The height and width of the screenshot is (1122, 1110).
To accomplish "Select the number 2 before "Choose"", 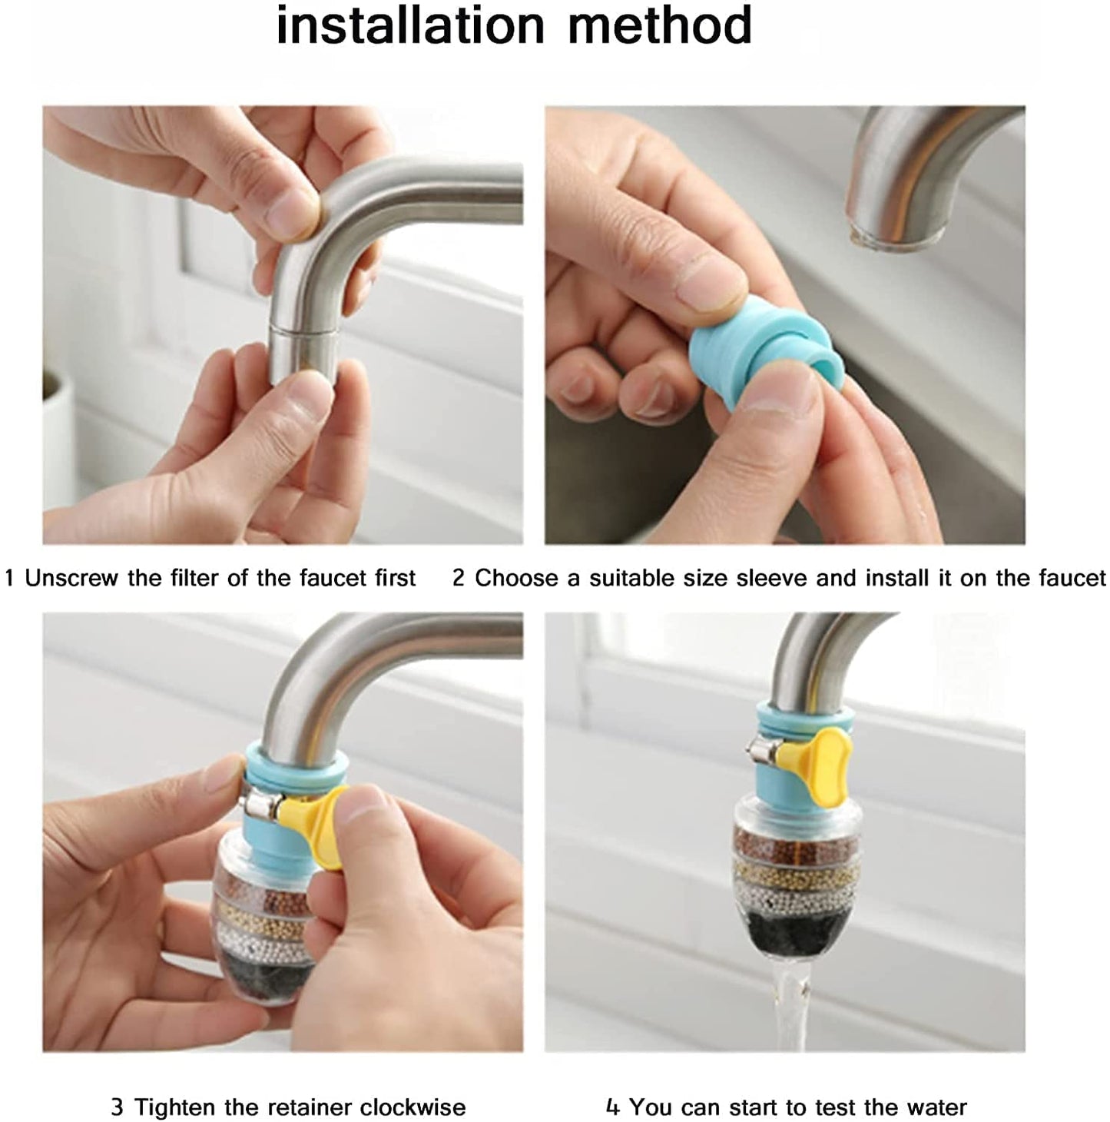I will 459,578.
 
